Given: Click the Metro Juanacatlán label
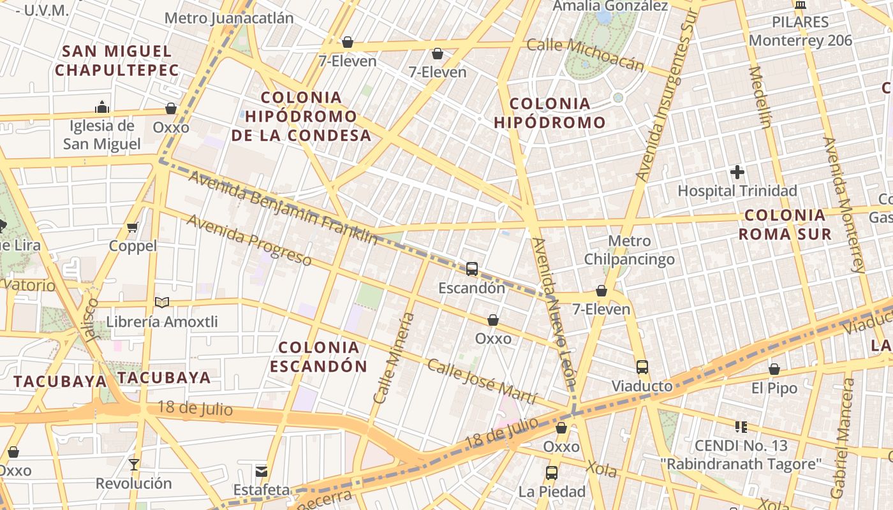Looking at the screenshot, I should [x=229, y=18].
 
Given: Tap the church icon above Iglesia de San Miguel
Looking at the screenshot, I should [x=101, y=106].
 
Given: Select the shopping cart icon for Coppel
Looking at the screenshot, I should [x=133, y=227].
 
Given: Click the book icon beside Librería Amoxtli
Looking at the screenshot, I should [x=162, y=302].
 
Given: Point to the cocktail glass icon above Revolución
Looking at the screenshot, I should [x=134, y=464].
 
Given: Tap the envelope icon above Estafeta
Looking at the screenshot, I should [x=262, y=471].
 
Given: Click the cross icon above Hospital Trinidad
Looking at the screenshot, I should [x=737, y=171].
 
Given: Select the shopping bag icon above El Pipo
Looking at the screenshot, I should [x=774, y=368].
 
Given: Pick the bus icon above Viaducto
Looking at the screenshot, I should [x=642, y=367].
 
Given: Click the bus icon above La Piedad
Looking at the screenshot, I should [x=552, y=472].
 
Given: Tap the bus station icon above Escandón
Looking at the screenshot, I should [x=472, y=268].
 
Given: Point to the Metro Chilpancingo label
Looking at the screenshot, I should [x=630, y=250].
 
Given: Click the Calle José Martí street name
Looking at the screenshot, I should [x=482, y=381].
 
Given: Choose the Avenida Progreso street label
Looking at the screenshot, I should [x=249, y=240].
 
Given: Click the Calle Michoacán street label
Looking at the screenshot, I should [x=586, y=54].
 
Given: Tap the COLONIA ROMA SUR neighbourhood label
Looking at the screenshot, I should [x=785, y=224].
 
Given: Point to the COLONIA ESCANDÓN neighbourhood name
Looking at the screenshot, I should [x=318, y=356].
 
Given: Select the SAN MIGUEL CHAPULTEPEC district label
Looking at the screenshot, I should [x=117, y=61].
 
